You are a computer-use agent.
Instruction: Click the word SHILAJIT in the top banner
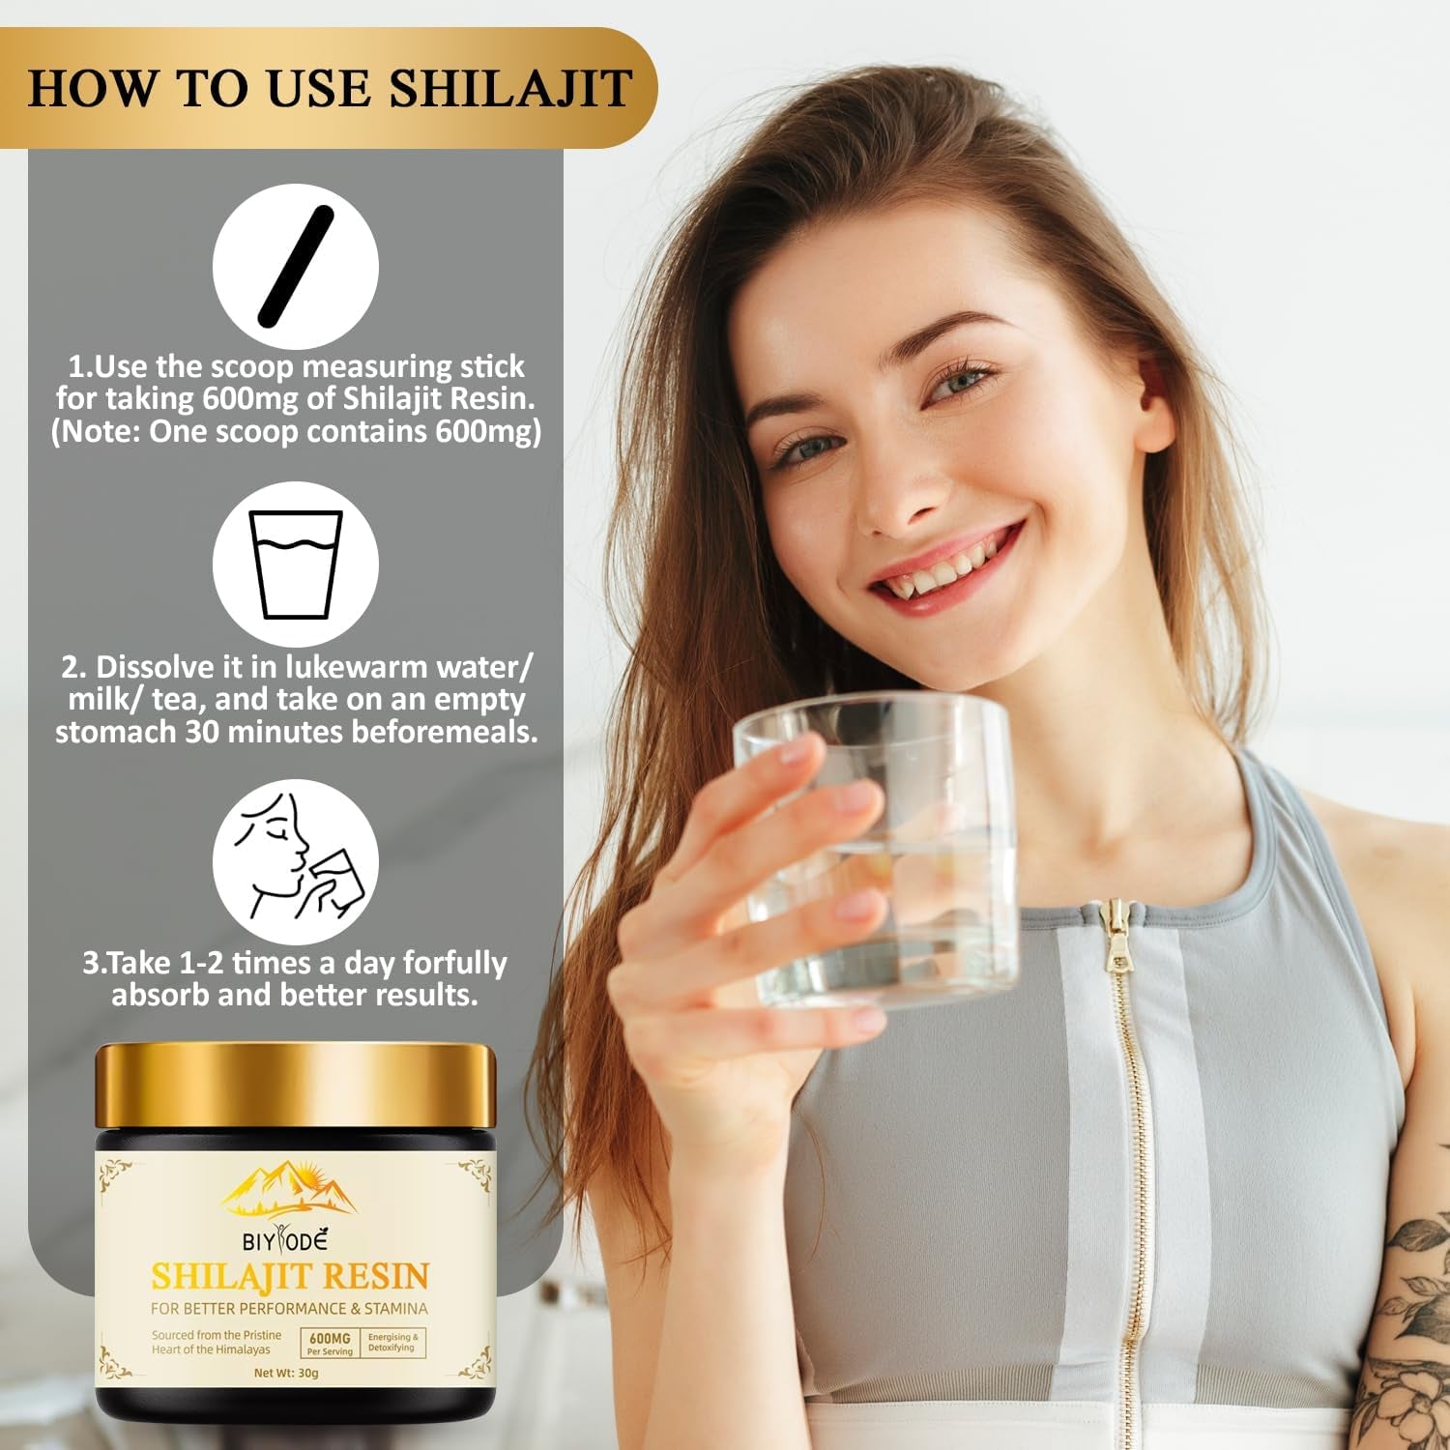(x=510, y=87)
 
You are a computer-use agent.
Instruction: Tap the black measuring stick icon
(x=295, y=266)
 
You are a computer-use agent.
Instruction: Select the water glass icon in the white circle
(x=296, y=564)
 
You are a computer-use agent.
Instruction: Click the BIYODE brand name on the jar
(x=285, y=1240)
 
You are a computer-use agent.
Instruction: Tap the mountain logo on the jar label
(x=290, y=1190)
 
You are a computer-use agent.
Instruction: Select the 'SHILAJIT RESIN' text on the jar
(x=290, y=1277)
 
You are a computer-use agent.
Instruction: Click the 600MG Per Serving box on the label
(x=331, y=1343)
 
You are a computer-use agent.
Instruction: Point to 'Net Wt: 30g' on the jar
(x=286, y=1373)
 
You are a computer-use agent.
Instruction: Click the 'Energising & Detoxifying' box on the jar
(x=393, y=1343)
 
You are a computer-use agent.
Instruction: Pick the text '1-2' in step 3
(x=201, y=964)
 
